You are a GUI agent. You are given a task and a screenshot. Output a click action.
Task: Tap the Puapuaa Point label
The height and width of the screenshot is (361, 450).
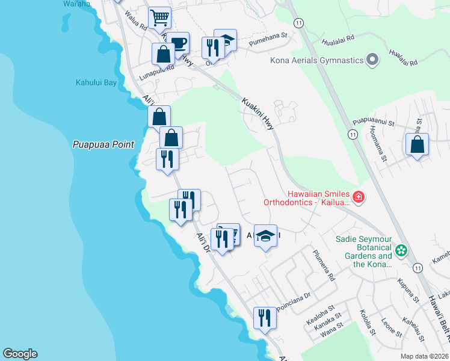point(99,144)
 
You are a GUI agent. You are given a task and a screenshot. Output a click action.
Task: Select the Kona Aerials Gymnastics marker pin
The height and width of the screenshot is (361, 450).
point(372,60)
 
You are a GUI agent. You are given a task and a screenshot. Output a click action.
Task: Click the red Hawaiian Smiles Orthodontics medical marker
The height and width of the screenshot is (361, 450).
point(359,197)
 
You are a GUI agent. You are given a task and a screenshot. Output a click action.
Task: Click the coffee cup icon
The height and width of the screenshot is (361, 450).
point(178,43)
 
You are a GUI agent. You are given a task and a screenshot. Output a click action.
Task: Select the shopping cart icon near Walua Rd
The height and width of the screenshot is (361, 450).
point(159,18)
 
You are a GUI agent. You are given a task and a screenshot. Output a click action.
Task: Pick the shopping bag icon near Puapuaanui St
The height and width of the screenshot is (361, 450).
point(417,145)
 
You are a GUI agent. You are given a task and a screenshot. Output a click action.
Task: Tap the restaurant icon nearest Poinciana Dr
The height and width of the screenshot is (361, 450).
point(265,317)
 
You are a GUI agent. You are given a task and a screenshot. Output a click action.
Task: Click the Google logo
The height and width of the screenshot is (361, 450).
point(20,354)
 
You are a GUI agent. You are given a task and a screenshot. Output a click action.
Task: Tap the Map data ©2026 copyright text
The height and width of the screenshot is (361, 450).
point(424,356)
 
